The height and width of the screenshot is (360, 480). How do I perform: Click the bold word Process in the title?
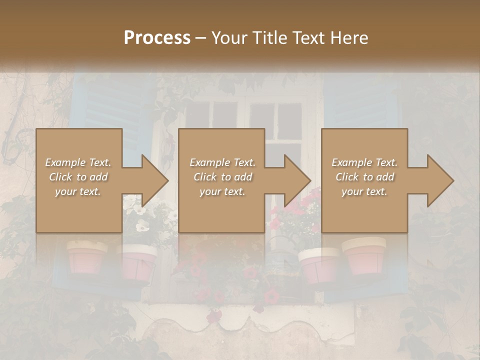157,38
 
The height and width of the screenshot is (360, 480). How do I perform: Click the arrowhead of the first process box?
154,180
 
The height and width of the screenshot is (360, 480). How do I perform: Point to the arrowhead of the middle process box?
297,180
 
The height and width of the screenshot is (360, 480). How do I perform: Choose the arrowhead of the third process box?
440,180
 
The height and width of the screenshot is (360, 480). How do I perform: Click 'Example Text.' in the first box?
78,162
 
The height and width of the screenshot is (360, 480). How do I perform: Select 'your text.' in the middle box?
222,191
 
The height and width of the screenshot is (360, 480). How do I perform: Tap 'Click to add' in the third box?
365,177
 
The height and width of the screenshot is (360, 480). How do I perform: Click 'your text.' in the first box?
78,191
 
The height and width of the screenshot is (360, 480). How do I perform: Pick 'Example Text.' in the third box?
365,162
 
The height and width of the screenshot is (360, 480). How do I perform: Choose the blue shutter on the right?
360,105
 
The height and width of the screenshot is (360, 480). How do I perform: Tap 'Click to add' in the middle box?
222,177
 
